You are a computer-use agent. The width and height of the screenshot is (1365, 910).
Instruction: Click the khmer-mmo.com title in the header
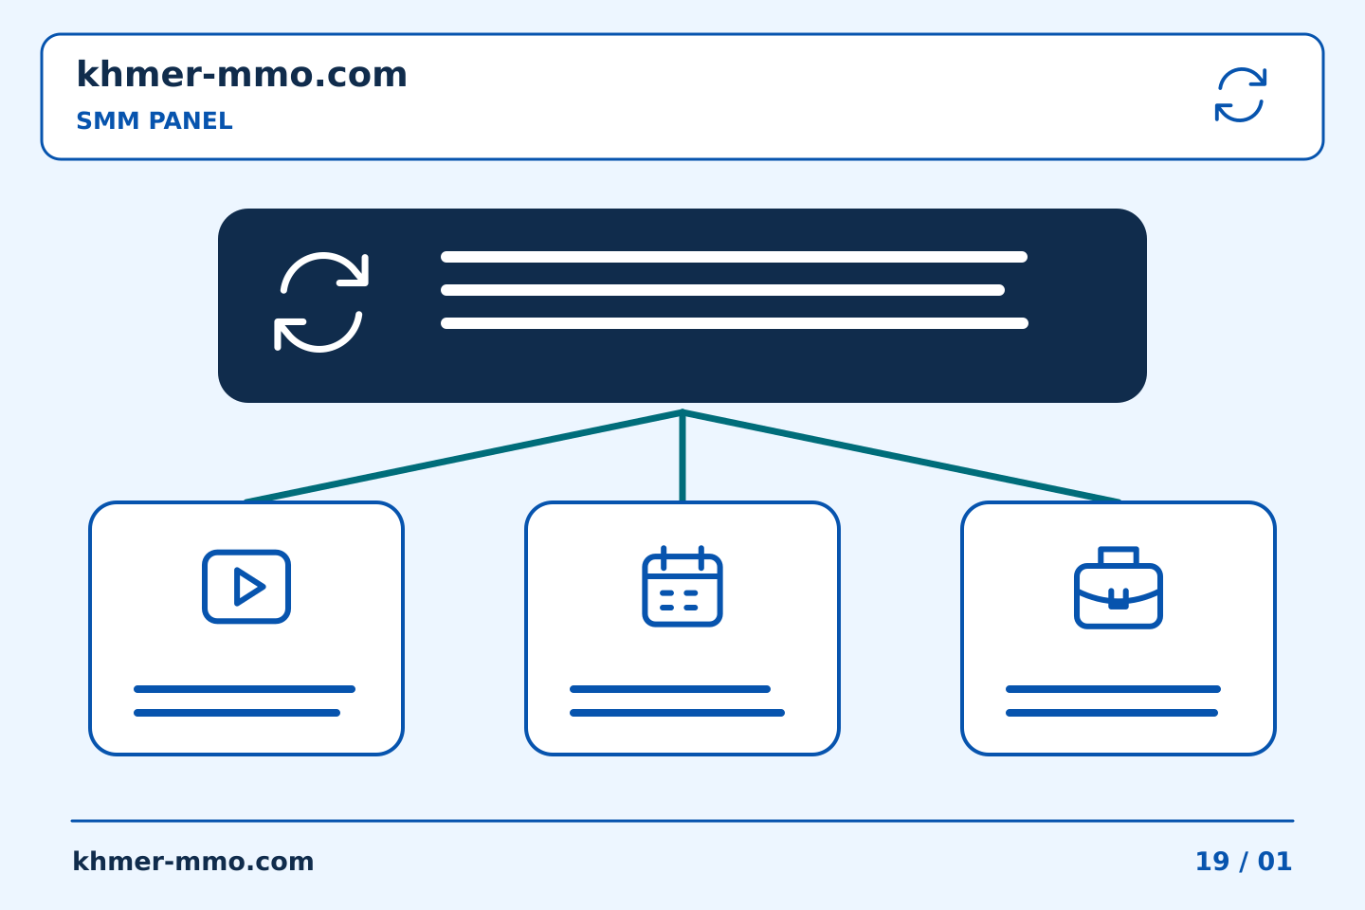click(242, 75)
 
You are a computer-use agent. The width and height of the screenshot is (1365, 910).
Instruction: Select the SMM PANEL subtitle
click(155, 120)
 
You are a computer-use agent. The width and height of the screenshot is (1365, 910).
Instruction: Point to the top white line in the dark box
click(734, 257)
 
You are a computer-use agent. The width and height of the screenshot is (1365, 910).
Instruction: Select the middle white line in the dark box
click(722, 290)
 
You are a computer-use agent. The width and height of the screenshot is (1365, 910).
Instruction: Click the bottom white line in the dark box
click(735, 323)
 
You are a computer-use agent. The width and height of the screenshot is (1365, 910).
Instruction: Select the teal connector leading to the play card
click(464, 457)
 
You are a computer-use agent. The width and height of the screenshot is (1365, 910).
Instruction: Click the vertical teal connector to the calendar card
click(682, 457)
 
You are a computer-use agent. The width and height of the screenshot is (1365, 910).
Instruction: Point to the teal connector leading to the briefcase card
click(901, 457)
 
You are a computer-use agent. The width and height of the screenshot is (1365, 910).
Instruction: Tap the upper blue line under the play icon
click(245, 689)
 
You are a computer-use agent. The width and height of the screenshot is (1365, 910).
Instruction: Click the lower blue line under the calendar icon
click(677, 713)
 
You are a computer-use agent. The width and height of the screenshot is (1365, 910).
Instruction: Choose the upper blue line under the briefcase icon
click(1113, 689)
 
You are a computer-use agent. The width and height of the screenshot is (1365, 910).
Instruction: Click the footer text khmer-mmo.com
click(192, 862)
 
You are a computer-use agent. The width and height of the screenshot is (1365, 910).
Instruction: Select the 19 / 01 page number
click(1243, 862)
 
